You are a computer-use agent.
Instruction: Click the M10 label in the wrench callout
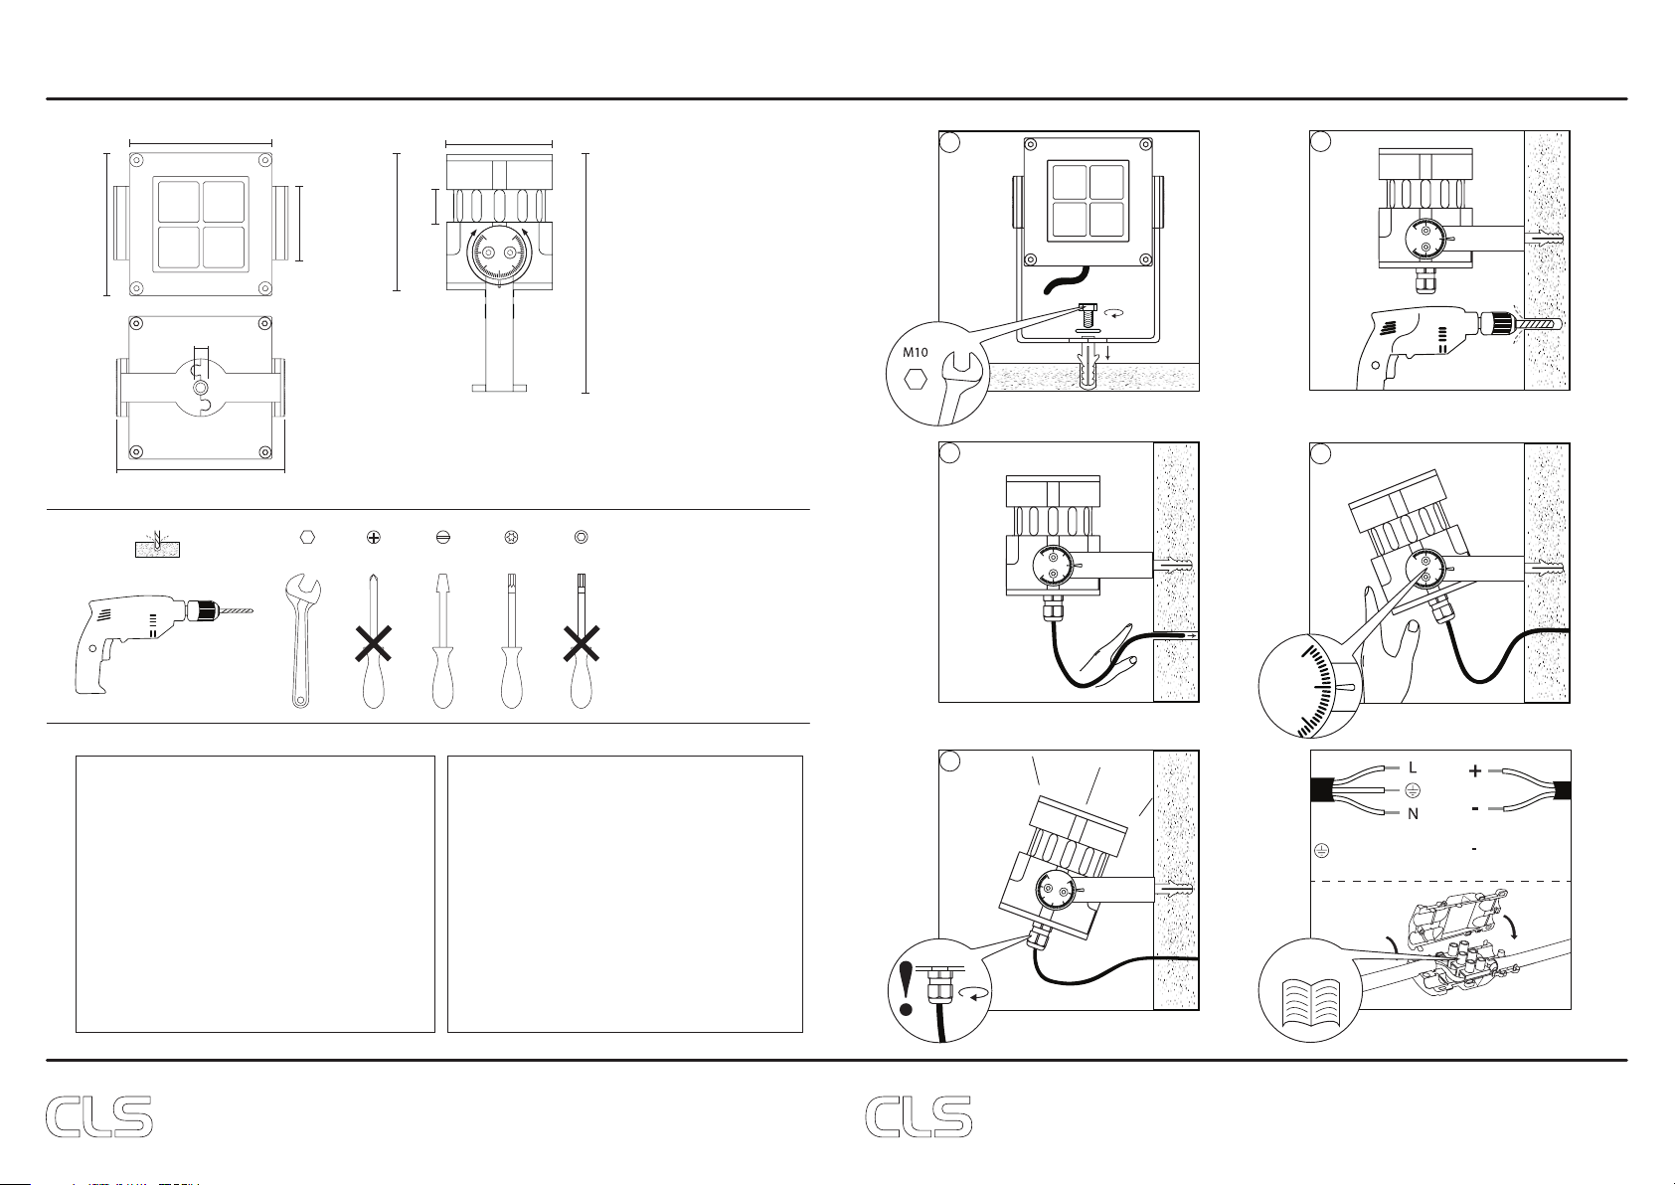916,352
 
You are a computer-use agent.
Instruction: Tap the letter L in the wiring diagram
1412,767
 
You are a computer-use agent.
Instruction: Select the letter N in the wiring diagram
1413,814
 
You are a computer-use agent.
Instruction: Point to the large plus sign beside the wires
1474,770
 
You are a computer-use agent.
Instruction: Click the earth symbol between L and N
1412,790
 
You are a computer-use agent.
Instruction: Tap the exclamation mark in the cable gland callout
907,987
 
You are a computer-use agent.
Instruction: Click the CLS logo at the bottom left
98,1117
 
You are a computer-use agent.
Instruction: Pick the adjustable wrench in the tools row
303,640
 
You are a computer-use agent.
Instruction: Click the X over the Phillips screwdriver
373,644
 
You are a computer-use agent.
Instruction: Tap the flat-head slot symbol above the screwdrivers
442,537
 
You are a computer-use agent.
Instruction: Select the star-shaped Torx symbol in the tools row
512,537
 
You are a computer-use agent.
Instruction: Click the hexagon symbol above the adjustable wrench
307,537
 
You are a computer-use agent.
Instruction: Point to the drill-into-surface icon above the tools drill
157,545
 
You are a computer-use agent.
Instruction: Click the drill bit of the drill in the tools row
234,610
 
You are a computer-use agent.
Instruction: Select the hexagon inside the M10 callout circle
916,379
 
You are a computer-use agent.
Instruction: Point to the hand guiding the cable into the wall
1110,658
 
